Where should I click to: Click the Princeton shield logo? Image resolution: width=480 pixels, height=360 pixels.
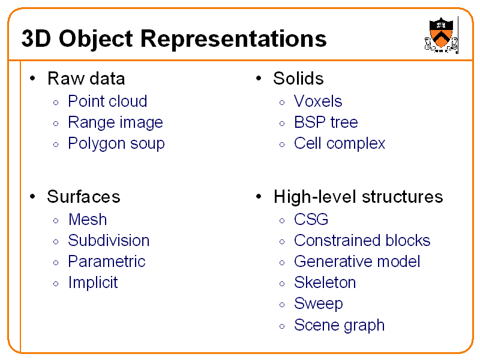(x=441, y=35)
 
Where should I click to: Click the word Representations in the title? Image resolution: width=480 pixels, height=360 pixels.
(x=234, y=40)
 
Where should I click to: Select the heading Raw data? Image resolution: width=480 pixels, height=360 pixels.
(x=86, y=79)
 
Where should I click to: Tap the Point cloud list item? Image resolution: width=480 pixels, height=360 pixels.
(x=107, y=101)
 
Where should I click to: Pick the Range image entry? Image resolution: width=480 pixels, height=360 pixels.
(x=115, y=122)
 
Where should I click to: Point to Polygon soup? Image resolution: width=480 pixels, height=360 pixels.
(x=116, y=143)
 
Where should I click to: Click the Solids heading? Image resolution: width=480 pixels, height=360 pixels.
(x=298, y=79)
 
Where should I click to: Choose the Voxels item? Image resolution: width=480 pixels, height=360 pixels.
(x=318, y=101)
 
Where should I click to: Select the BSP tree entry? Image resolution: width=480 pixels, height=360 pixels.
(x=326, y=122)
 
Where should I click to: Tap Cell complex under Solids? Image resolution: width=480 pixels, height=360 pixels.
(x=340, y=143)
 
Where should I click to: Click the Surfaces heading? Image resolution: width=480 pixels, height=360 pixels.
(x=83, y=197)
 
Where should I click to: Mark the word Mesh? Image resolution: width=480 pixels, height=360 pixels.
(x=88, y=220)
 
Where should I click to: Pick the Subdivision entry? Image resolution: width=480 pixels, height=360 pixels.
(x=109, y=241)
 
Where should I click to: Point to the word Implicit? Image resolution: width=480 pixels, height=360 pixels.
(x=93, y=283)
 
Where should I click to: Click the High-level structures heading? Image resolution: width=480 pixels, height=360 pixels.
(x=358, y=197)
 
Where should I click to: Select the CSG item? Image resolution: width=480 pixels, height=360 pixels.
(x=311, y=220)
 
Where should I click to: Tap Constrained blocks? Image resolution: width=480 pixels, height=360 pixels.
(x=362, y=241)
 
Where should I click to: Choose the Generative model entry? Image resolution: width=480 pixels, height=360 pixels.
(x=357, y=262)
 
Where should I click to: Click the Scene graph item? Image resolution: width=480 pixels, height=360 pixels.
(x=339, y=325)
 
